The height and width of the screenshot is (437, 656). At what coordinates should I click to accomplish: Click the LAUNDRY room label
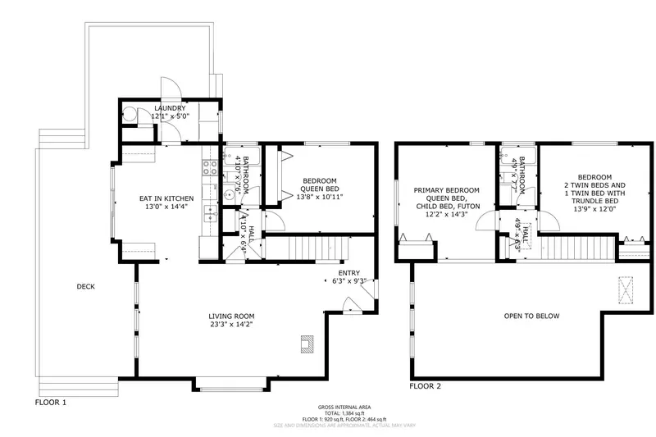pos(170,108)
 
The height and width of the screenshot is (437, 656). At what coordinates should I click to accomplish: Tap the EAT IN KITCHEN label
pos(166,198)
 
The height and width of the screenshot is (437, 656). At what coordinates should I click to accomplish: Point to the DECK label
pos(86,286)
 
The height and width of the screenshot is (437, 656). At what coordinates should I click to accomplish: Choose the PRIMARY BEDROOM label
pos(446,190)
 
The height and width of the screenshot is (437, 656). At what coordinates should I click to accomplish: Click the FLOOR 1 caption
pos(50,403)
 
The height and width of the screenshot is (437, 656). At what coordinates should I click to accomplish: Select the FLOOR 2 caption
pos(426,385)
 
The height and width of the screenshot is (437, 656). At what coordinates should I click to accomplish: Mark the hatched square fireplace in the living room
pos(305,344)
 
